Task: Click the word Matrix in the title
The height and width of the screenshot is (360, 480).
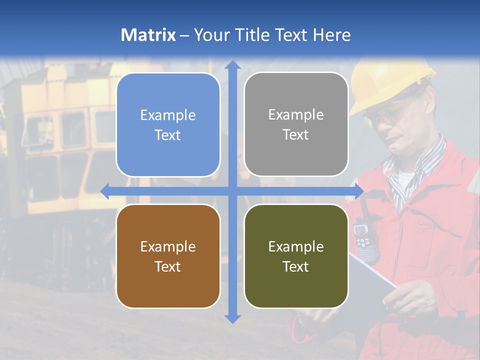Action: point(148,35)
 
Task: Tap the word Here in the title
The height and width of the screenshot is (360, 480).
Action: point(331,35)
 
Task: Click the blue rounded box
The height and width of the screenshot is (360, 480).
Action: point(168,124)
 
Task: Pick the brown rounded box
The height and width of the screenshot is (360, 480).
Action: point(168,256)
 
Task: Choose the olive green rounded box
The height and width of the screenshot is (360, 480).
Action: point(296,256)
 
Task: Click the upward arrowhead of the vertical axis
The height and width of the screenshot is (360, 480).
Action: point(232,65)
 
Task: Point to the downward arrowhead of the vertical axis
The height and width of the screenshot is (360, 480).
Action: point(232,318)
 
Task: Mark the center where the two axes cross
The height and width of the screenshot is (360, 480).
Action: point(232,190)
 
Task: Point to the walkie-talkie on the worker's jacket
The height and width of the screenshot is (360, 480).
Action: point(364,237)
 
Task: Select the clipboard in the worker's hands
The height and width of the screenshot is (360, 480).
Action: point(372,280)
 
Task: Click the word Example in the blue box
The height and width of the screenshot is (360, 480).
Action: point(168,115)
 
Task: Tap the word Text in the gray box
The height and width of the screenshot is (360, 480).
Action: point(296,134)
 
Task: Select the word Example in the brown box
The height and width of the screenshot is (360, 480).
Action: point(168,246)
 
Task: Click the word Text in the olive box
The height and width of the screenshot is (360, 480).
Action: point(296,266)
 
